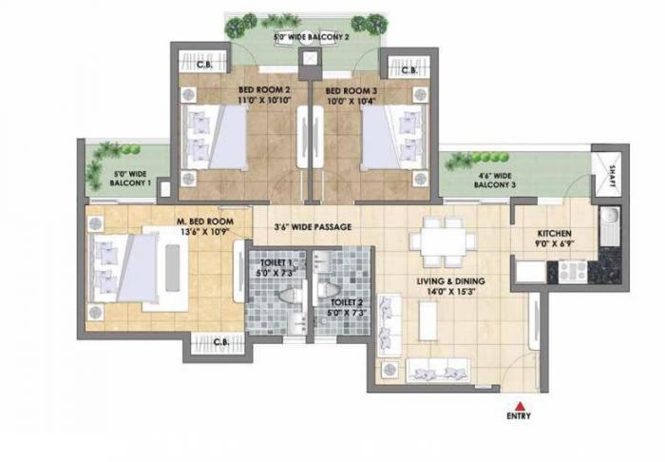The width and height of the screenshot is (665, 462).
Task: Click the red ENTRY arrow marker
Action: click(520, 404)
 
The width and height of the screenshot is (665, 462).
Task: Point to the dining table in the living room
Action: click(444, 243)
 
